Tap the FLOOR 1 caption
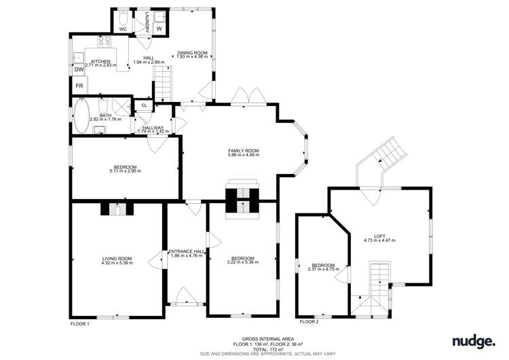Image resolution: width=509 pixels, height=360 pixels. coord(80,325)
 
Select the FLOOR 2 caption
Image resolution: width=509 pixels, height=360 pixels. coord(309,321)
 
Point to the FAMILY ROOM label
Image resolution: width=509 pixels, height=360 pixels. coord(243,151)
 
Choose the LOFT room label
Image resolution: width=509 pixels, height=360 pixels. coord(379,236)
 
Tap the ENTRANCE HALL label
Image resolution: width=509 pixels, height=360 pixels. coord(187,251)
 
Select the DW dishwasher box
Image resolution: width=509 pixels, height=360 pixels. coord(79,69)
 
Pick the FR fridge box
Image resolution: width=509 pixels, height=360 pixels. coord(79,86)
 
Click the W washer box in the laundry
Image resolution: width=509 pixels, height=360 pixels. coord(159,29)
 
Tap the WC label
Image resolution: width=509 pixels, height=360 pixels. coord(123,30)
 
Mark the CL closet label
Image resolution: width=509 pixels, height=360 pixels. coord(145,105)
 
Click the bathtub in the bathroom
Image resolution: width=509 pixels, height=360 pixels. coord(81,115)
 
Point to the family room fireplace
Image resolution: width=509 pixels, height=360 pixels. coord(242,198)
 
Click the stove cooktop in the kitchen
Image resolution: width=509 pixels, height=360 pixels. coord(105,41)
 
